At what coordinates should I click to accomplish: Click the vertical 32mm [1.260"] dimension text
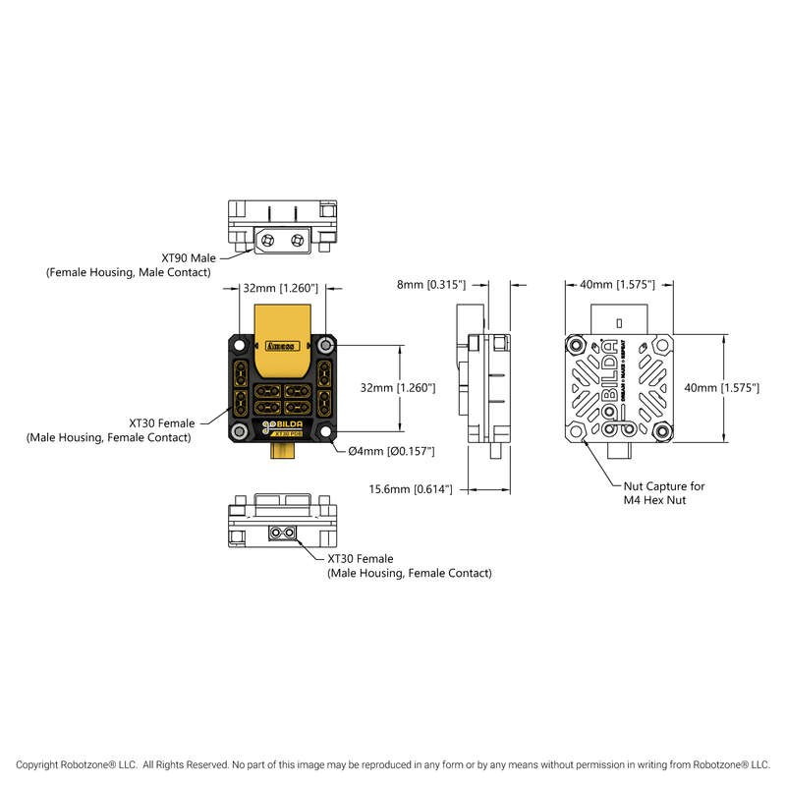click(397, 388)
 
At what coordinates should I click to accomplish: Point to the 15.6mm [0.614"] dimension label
click(410, 488)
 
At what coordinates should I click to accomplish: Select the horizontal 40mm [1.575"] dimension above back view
click(617, 285)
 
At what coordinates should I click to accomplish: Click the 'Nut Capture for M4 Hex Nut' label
click(664, 493)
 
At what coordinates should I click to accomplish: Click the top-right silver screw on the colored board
click(326, 345)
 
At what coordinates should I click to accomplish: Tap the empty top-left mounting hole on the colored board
click(240, 345)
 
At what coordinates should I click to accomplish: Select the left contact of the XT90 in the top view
click(266, 239)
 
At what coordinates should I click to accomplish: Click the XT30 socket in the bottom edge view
click(283, 533)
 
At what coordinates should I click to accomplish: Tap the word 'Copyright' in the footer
click(42, 763)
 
